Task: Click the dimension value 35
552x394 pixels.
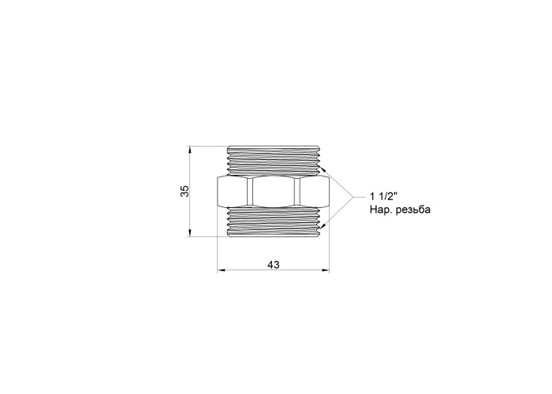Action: (x=185, y=191)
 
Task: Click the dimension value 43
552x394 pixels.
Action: (x=273, y=265)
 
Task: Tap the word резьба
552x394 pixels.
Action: (x=413, y=210)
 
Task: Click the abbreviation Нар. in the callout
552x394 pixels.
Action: (x=381, y=210)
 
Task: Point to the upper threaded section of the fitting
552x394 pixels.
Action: (x=274, y=160)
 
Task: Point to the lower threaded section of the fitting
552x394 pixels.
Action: (x=274, y=222)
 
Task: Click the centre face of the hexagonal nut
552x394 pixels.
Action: (x=274, y=191)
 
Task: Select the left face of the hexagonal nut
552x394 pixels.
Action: (x=232, y=191)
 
